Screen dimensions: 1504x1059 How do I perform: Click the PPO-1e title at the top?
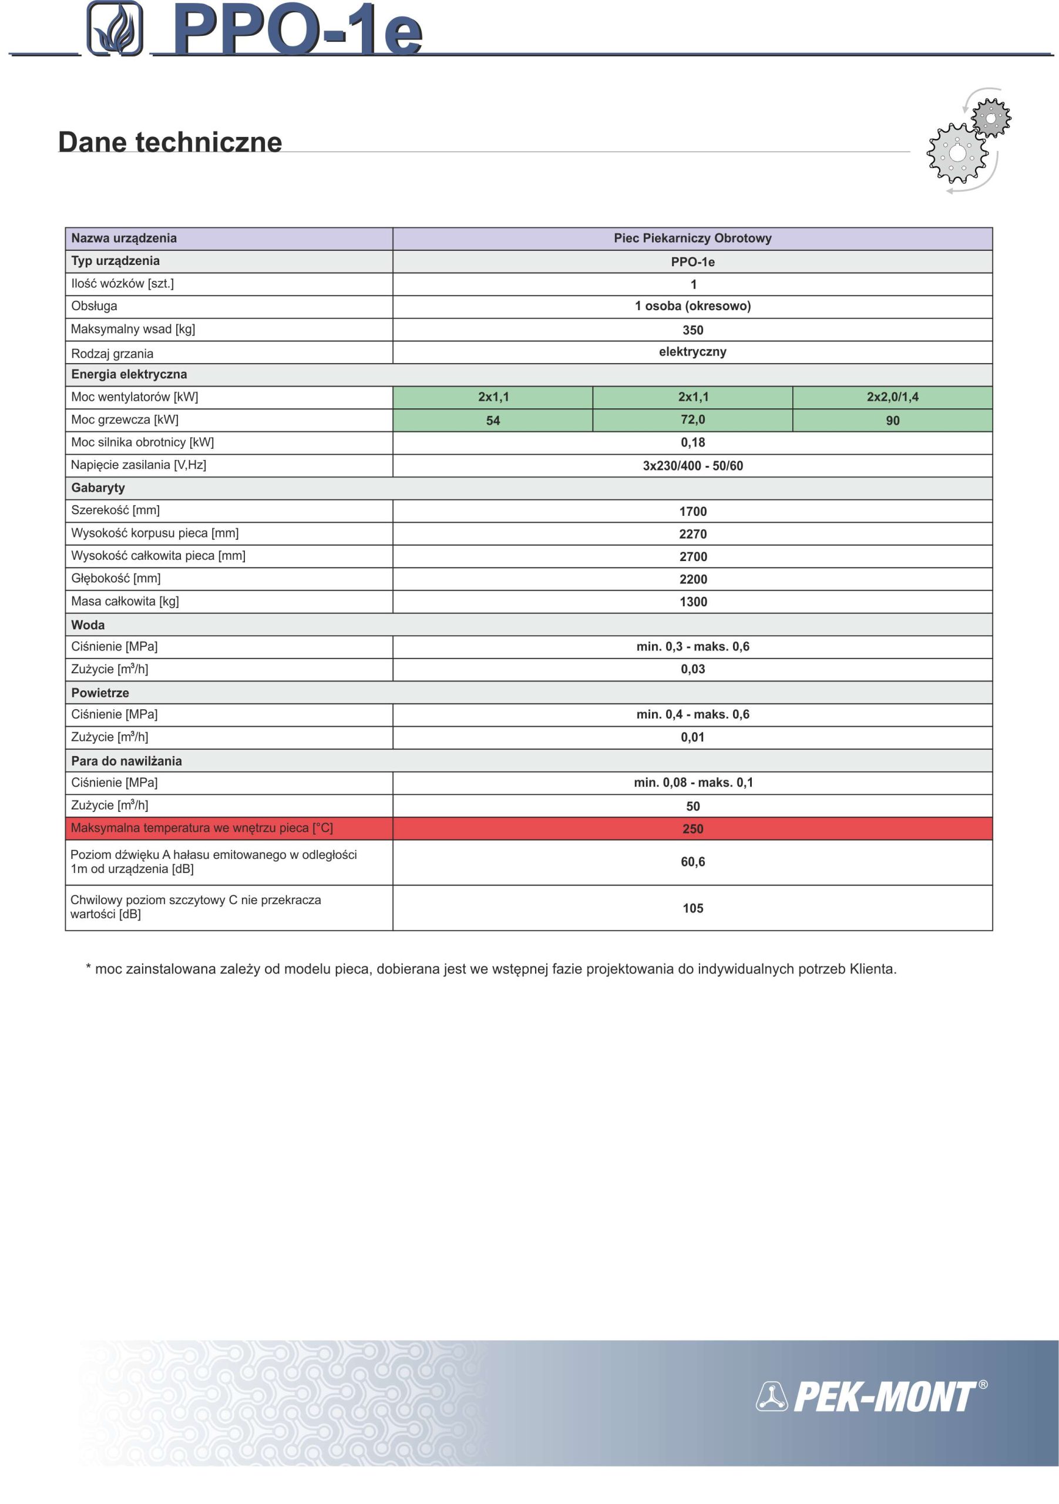click(298, 30)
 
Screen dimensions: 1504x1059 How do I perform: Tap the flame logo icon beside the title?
click(115, 29)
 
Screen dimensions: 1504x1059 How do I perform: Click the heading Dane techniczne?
click(170, 142)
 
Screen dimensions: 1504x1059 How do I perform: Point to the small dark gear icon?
click(991, 118)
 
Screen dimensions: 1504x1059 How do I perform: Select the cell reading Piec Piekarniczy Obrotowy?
click(692, 239)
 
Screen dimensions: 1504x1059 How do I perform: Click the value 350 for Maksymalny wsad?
click(692, 330)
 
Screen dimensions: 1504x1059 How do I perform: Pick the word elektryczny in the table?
click(692, 352)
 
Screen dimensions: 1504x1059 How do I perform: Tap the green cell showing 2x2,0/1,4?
click(892, 397)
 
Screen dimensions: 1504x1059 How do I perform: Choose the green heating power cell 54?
click(493, 421)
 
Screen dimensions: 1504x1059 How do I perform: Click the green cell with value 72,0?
click(692, 420)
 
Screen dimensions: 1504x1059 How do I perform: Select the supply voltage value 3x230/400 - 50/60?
click(692, 466)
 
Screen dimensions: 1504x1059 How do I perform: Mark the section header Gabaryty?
click(98, 488)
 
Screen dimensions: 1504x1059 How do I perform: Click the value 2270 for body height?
click(692, 534)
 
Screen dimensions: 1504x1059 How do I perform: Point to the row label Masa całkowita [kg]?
click(125, 602)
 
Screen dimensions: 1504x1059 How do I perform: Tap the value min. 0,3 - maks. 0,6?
click(692, 646)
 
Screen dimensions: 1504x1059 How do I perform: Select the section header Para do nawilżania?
click(126, 761)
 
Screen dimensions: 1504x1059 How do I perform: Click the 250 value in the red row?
click(692, 828)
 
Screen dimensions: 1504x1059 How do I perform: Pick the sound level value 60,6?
click(692, 862)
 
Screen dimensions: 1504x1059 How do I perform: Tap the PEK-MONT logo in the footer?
click(871, 1396)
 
